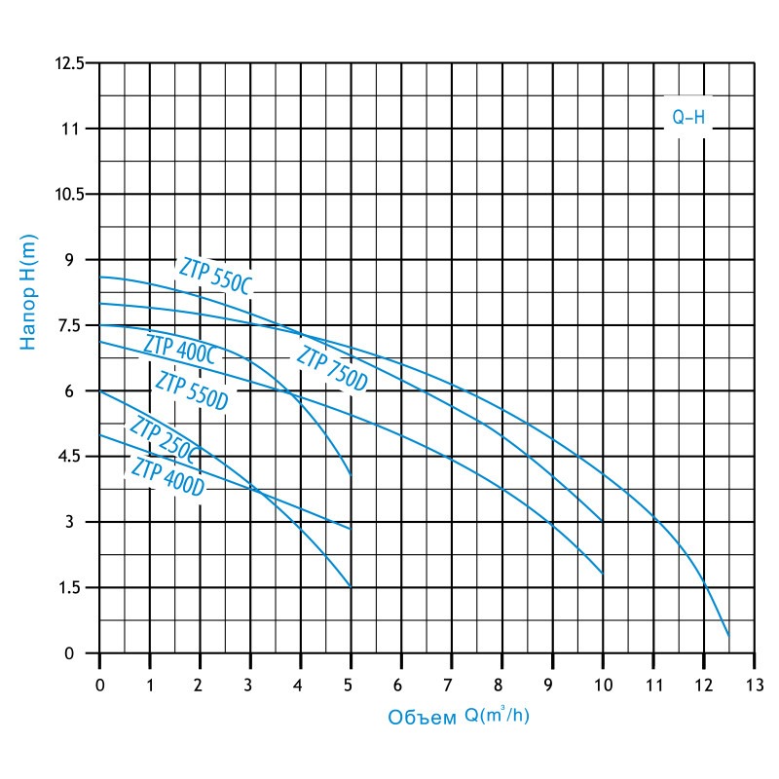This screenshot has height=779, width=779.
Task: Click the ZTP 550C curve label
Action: pyautogui.click(x=215, y=277)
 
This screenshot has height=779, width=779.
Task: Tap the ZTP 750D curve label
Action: pyautogui.click(x=332, y=369)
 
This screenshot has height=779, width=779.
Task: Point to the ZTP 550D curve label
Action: pyautogui.click(x=192, y=389)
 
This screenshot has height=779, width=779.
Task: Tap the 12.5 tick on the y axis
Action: pyautogui.click(x=72, y=63)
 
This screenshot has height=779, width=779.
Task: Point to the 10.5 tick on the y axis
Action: pyautogui.click(x=72, y=195)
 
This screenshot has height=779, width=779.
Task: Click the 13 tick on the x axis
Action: pyautogui.click(x=754, y=686)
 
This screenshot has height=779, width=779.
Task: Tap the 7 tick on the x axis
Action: pyautogui.click(x=451, y=686)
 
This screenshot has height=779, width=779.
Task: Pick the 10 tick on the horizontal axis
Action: pyautogui.click(x=602, y=686)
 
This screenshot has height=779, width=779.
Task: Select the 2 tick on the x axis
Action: pyautogui.click(x=201, y=686)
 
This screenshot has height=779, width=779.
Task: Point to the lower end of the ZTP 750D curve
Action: pyautogui.click(x=728, y=635)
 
